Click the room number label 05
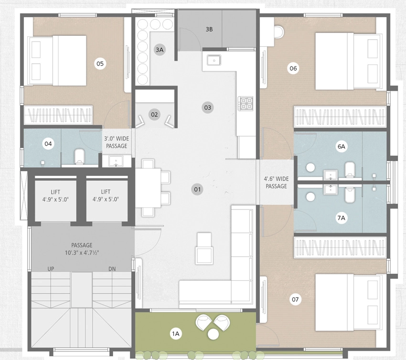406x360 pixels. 100,64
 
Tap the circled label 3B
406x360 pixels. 209,29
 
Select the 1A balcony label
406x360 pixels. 176,334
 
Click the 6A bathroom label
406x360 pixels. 341,146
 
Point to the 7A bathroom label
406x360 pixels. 341,218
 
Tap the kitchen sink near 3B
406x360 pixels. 214,60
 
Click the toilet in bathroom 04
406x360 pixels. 79,156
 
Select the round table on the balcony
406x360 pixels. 213,334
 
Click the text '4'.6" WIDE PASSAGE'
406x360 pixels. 276,183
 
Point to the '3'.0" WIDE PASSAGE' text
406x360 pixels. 117,142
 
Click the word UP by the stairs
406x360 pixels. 51,269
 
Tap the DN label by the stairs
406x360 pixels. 112,269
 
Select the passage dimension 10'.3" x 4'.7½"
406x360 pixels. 82,252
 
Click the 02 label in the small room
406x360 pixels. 154,114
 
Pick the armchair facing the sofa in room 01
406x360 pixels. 204,248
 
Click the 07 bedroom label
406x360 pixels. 295,300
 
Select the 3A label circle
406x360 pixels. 160,50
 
